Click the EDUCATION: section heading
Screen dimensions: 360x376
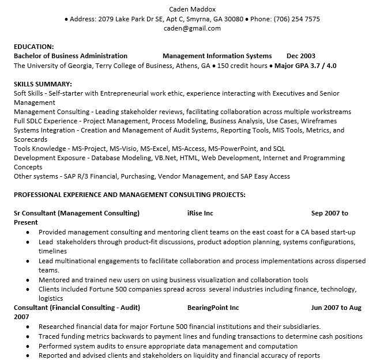34,47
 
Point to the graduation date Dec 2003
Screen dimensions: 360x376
301,56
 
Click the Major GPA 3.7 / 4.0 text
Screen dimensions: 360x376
306,66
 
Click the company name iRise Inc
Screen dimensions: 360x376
200,213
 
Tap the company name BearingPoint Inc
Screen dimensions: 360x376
213,308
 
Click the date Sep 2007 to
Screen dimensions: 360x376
330,213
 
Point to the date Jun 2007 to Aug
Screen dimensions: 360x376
336,308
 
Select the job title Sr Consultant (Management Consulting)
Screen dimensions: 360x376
77,213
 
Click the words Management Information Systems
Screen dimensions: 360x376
217,56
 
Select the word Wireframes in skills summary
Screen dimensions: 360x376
316,121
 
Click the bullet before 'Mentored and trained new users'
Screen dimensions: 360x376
28,280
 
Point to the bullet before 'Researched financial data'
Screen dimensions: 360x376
28,327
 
